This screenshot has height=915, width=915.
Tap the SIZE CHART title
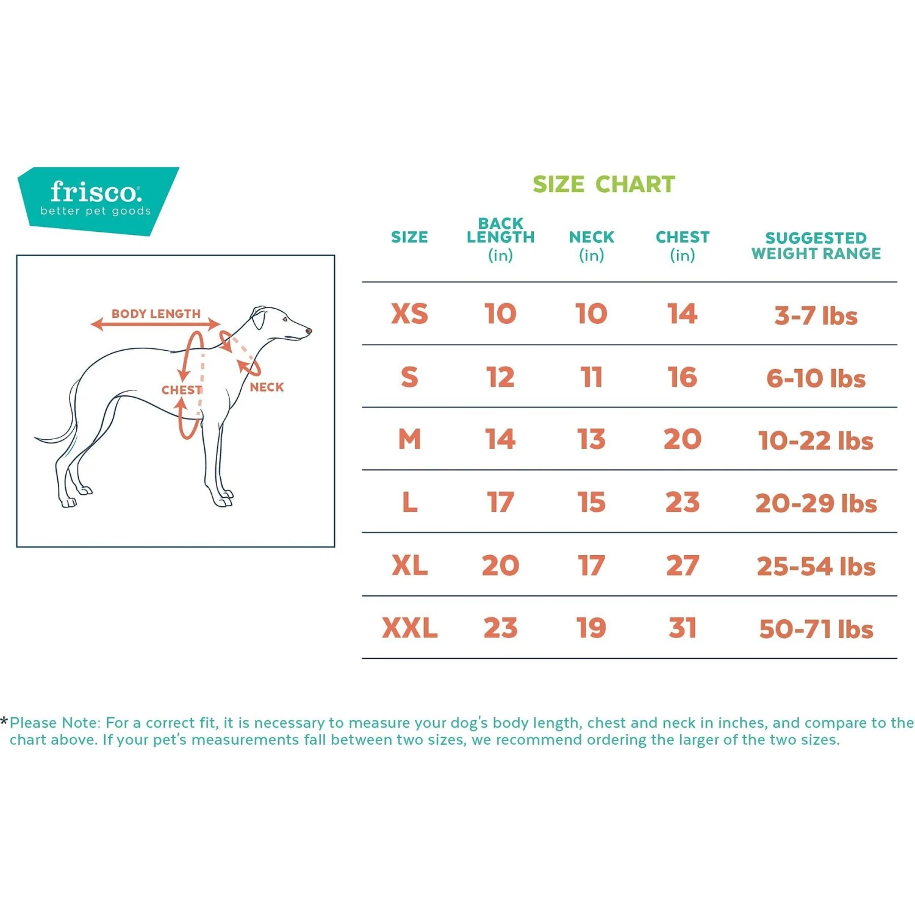[603, 184]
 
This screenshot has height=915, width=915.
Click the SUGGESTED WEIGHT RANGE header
[816, 246]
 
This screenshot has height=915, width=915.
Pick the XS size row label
[409, 314]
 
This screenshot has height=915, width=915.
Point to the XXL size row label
[409, 628]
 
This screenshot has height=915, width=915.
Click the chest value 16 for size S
[682, 378]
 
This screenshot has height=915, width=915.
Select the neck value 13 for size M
[591, 440]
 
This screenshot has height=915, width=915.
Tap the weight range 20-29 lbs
[816, 504]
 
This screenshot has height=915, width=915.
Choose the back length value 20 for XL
[500, 566]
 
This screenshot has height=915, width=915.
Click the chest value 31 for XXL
[682, 628]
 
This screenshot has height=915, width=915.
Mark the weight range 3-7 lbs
[816, 316]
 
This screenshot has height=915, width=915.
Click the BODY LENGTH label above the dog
[156, 314]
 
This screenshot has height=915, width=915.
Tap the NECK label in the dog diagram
[267, 387]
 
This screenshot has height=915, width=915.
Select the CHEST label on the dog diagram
[181, 390]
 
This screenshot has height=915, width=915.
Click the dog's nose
[309, 331]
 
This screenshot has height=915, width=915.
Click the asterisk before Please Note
[4, 722]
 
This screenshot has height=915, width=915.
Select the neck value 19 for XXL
[591, 628]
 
